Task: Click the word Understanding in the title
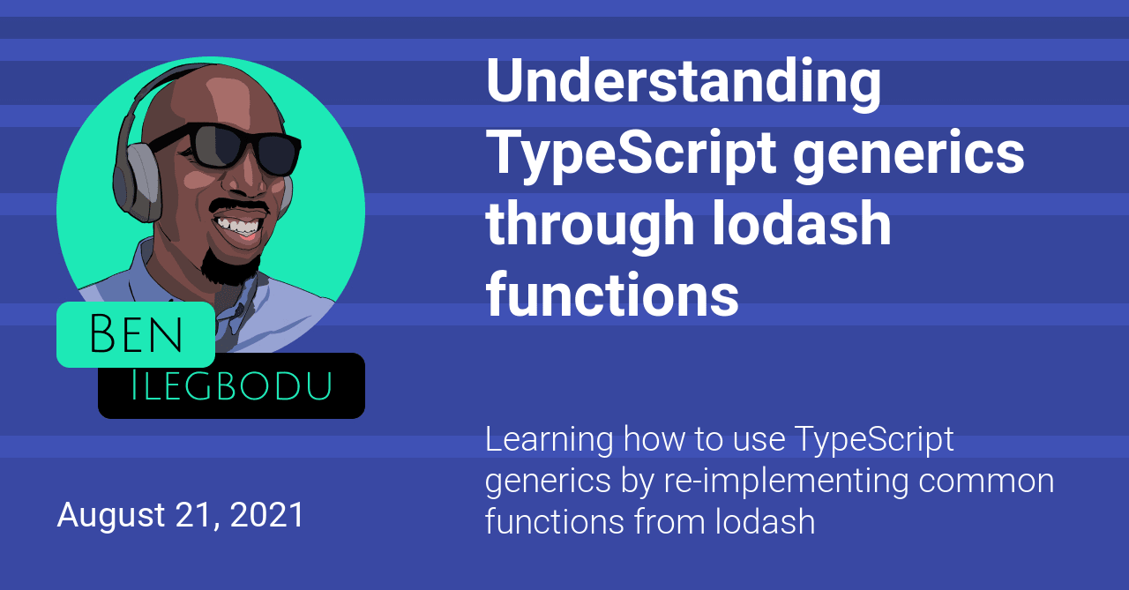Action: [x=684, y=83]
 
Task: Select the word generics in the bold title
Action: [x=908, y=154]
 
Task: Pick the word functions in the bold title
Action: [x=612, y=295]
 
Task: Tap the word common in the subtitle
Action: [x=986, y=482]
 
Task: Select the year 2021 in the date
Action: [x=266, y=515]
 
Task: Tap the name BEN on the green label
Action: [x=136, y=333]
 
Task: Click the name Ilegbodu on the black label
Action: [x=231, y=386]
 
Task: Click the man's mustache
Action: [x=238, y=207]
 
